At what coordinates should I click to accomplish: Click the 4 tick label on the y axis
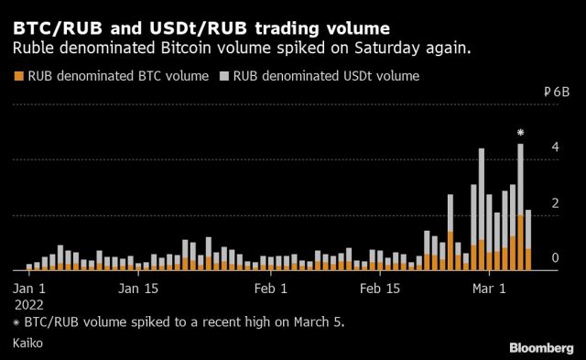pos(553,147)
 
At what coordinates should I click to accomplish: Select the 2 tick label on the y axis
pos(553,203)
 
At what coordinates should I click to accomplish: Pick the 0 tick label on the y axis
pos(553,259)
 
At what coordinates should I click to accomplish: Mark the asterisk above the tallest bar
pos(520,134)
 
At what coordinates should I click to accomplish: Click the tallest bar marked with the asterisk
pos(520,211)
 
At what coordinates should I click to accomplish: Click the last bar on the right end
pos(528,243)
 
